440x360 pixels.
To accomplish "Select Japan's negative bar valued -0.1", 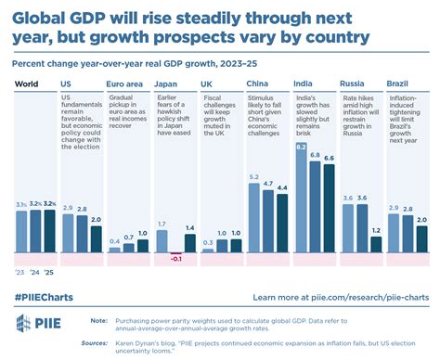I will point(175,253).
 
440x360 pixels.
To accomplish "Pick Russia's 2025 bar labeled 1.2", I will point(375,244).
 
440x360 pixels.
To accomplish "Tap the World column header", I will point(27,83).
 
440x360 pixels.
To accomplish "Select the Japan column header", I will point(165,83).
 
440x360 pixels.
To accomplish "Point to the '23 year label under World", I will point(20,273).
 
